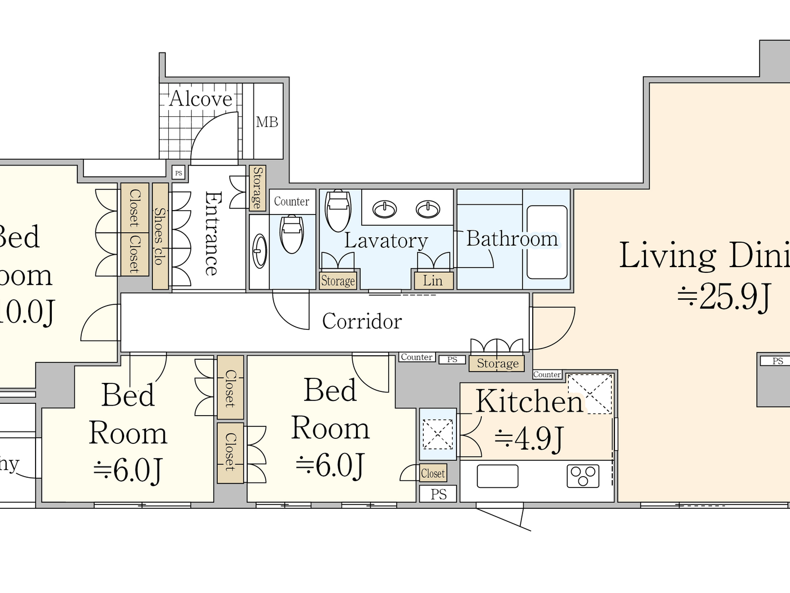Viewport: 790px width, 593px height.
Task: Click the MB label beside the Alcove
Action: pyautogui.click(x=267, y=122)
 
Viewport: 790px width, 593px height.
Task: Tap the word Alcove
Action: pyautogui.click(x=201, y=99)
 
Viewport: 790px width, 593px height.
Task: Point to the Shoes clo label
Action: pyautogui.click(x=160, y=236)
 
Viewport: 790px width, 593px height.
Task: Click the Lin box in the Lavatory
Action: pyautogui.click(x=432, y=281)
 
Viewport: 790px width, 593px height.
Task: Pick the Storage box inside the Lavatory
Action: pyautogui.click(x=338, y=281)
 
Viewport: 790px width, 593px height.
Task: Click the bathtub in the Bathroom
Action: pyautogui.click(x=546, y=242)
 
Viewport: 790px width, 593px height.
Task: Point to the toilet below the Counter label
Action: pyautogui.click(x=292, y=234)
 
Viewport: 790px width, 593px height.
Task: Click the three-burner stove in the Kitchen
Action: pyautogui.click(x=583, y=476)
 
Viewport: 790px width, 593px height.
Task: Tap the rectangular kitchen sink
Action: pyautogui.click(x=497, y=476)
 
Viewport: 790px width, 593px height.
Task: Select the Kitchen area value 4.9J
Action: pyautogui.click(x=529, y=438)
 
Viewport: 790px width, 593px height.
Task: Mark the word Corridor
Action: pyautogui.click(x=362, y=321)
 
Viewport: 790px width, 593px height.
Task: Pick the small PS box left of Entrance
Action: pyautogui.click(x=178, y=173)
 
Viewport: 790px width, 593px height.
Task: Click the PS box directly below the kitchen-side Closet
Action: pyautogui.click(x=438, y=494)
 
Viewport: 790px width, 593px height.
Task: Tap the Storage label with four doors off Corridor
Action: pyautogui.click(x=497, y=363)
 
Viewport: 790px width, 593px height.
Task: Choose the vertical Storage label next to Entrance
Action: pyautogui.click(x=257, y=188)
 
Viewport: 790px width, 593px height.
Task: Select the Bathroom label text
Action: pyautogui.click(x=512, y=239)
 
